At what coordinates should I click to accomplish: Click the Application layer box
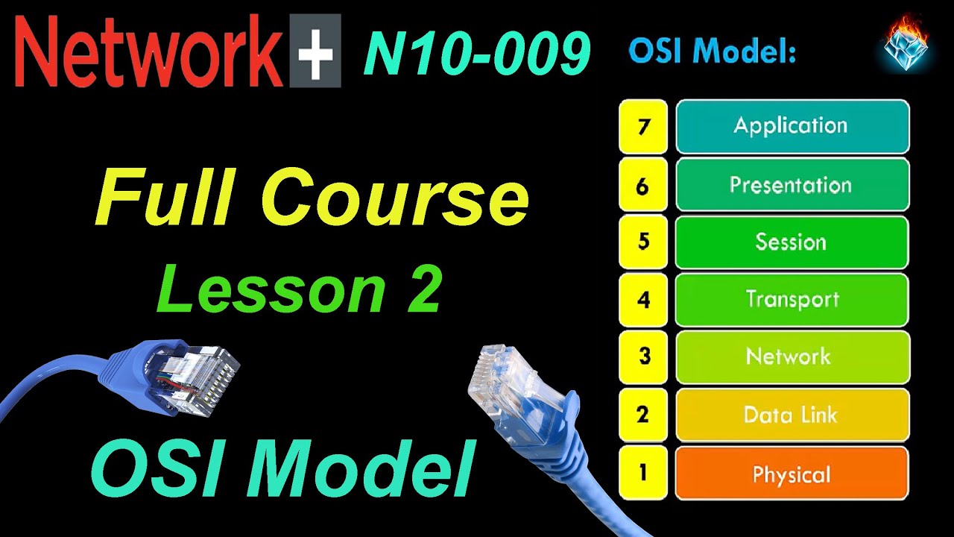(x=792, y=126)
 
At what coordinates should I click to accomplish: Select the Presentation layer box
(x=792, y=184)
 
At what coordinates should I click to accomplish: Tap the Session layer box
(x=792, y=242)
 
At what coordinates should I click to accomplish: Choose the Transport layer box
(x=792, y=299)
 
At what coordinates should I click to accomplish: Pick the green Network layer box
(x=792, y=357)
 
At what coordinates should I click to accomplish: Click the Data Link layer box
(x=792, y=415)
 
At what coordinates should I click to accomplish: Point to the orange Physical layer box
(x=792, y=473)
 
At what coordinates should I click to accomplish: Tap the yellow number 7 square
(x=642, y=126)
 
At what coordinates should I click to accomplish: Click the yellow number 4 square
(x=642, y=299)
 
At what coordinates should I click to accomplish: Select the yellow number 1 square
(x=642, y=473)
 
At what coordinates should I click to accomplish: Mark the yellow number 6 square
(x=642, y=184)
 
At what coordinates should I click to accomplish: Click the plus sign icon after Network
(x=314, y=51)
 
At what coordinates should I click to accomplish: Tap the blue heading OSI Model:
(x=713, y=51)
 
